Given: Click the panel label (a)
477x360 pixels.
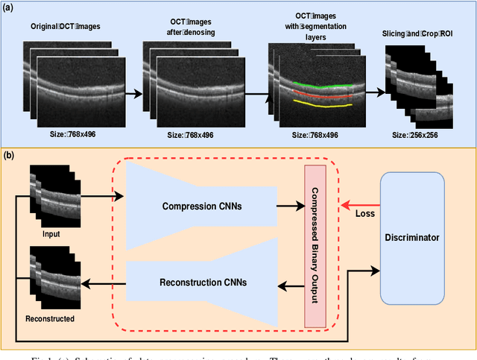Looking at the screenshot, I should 10,8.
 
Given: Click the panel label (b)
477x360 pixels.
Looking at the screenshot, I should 10,155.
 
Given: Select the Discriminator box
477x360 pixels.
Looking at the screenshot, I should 412,238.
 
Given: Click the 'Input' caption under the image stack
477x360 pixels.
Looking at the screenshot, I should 50,234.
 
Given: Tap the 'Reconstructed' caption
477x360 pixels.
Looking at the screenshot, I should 49,318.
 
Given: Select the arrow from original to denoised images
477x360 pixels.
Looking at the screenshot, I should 133,94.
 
